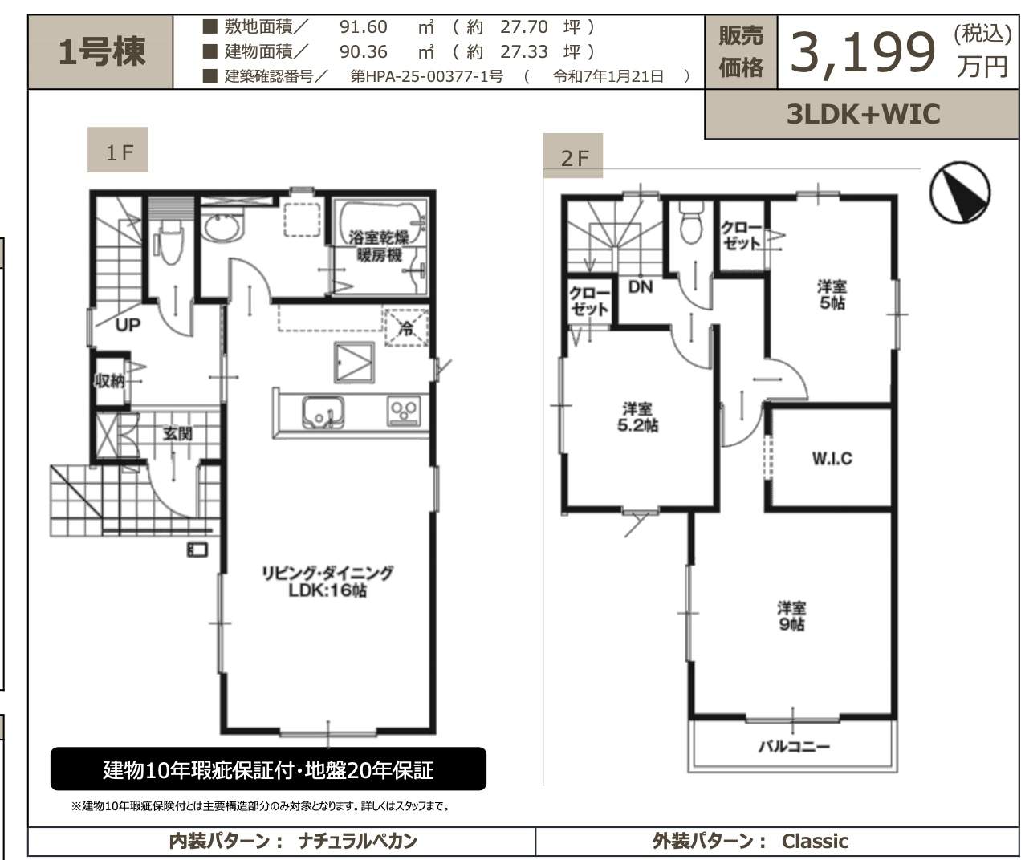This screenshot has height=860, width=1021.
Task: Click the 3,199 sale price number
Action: click(x=863, y=53)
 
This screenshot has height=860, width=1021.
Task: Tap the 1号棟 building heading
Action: click(x=102, y=52)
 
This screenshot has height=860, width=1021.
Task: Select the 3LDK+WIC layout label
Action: click(x=863, y=115)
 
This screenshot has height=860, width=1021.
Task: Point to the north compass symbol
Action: click(x=960, y=193)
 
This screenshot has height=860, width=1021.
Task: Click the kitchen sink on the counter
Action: click(x=322, y=412)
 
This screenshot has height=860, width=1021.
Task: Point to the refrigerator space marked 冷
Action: click(x=406, y=328)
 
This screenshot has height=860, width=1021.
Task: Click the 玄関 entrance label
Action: click(x=177, y=433)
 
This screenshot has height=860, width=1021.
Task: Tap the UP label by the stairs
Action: click(x=128, y=324)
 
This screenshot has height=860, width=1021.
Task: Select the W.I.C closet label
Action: click(x=832, y=458)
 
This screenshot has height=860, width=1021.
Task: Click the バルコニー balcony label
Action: click(x=794, y=746)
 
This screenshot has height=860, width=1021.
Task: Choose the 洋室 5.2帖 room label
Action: click(x=637, y=417)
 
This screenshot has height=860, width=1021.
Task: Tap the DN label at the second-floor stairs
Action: click(x=640, y=287)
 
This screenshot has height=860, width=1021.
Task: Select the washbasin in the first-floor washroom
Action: click(x=222, y=228)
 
